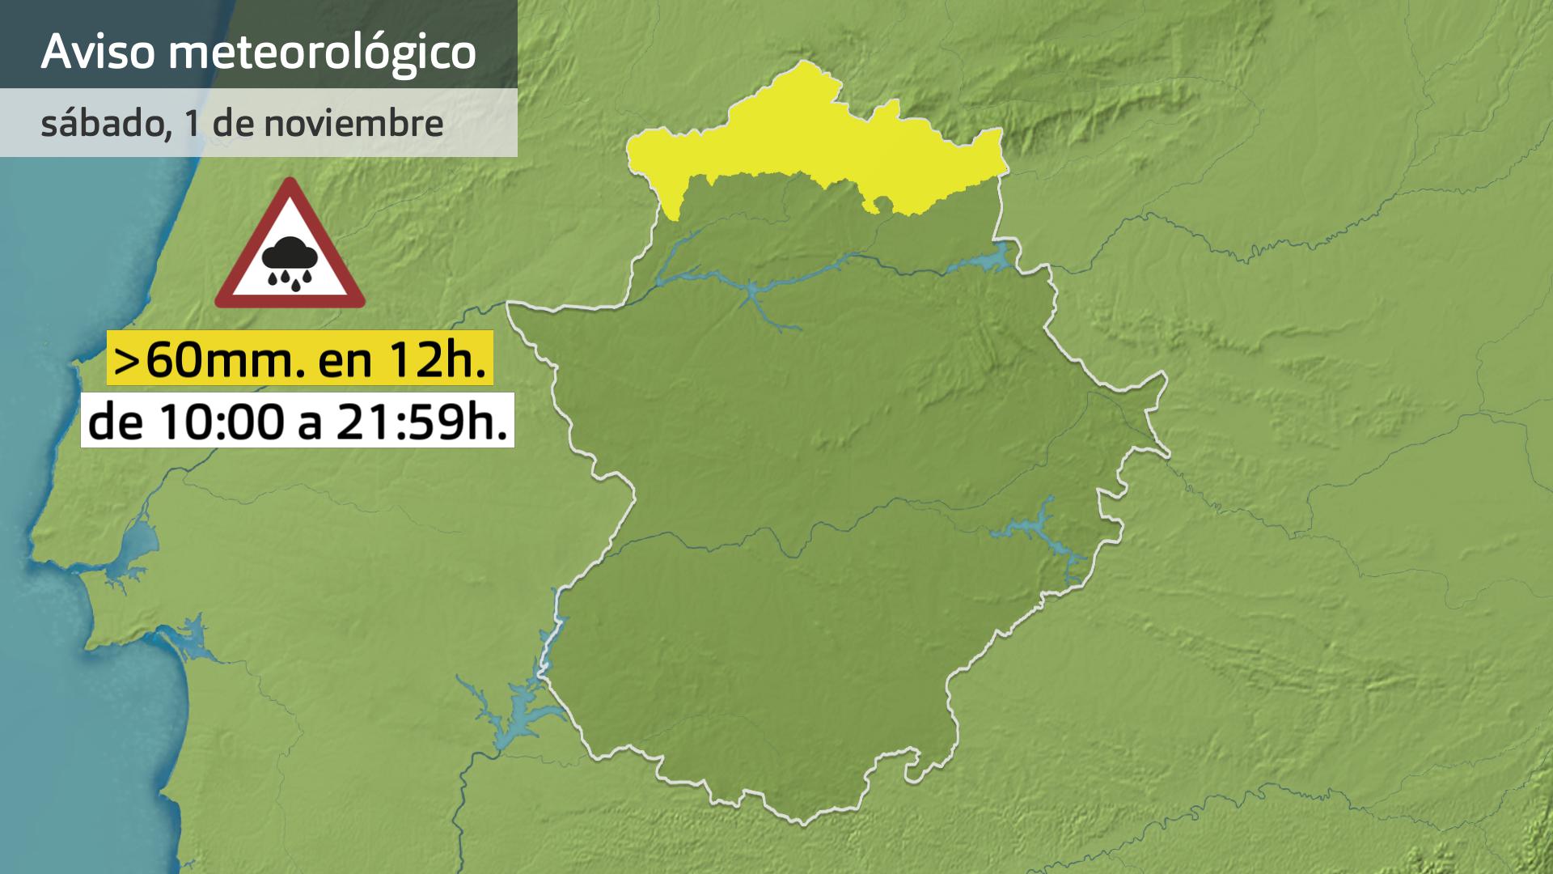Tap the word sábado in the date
(x=102, y=123)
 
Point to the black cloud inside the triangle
(x=289, y=255)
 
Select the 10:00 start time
(x=222, y=422)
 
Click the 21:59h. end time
(x=421, y=422)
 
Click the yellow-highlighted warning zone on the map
(x=809, y=138)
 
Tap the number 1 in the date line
(x=192, y=123)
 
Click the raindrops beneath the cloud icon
(x=289, y=279)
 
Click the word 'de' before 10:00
(x=116, y=422)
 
